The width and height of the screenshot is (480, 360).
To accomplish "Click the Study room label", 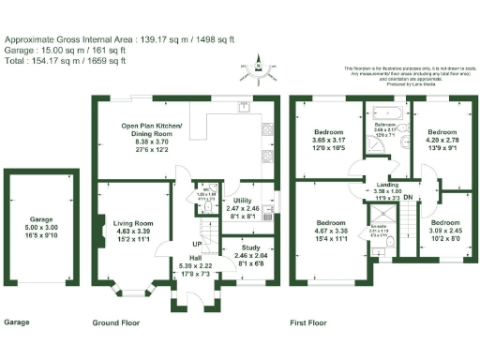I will point(248,248).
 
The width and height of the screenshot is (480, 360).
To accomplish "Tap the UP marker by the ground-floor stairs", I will point(187,246).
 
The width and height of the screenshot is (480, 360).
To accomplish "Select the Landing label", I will point(380,190).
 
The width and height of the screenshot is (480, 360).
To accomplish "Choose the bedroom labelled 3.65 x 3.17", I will point(329,141).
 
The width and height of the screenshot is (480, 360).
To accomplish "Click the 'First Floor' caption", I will point(309,322).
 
